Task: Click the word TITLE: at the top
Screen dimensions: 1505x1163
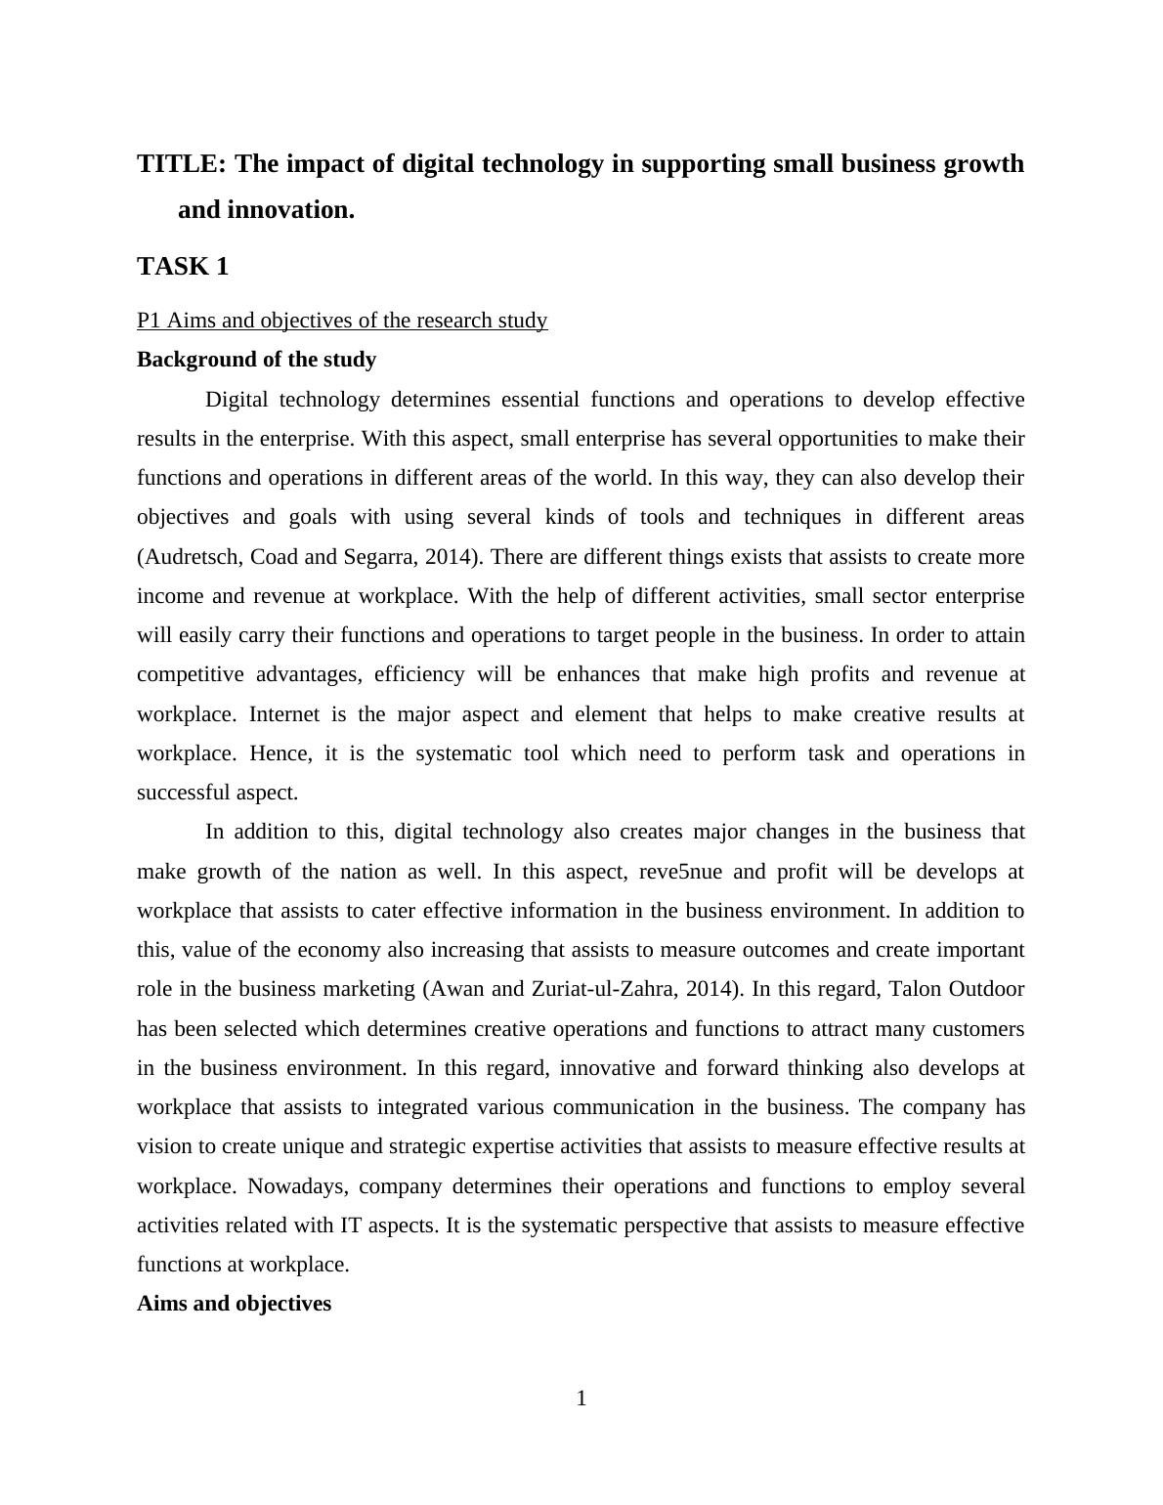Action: click(182, 164)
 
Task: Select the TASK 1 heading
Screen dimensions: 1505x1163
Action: click(183, 267)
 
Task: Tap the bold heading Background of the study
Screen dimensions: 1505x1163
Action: click(256, 360)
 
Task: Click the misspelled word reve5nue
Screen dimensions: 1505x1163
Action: click(680, 872)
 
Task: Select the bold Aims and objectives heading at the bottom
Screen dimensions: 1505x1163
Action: click(234, 1304)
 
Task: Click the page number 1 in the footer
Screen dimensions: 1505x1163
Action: click(581, 1399)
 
